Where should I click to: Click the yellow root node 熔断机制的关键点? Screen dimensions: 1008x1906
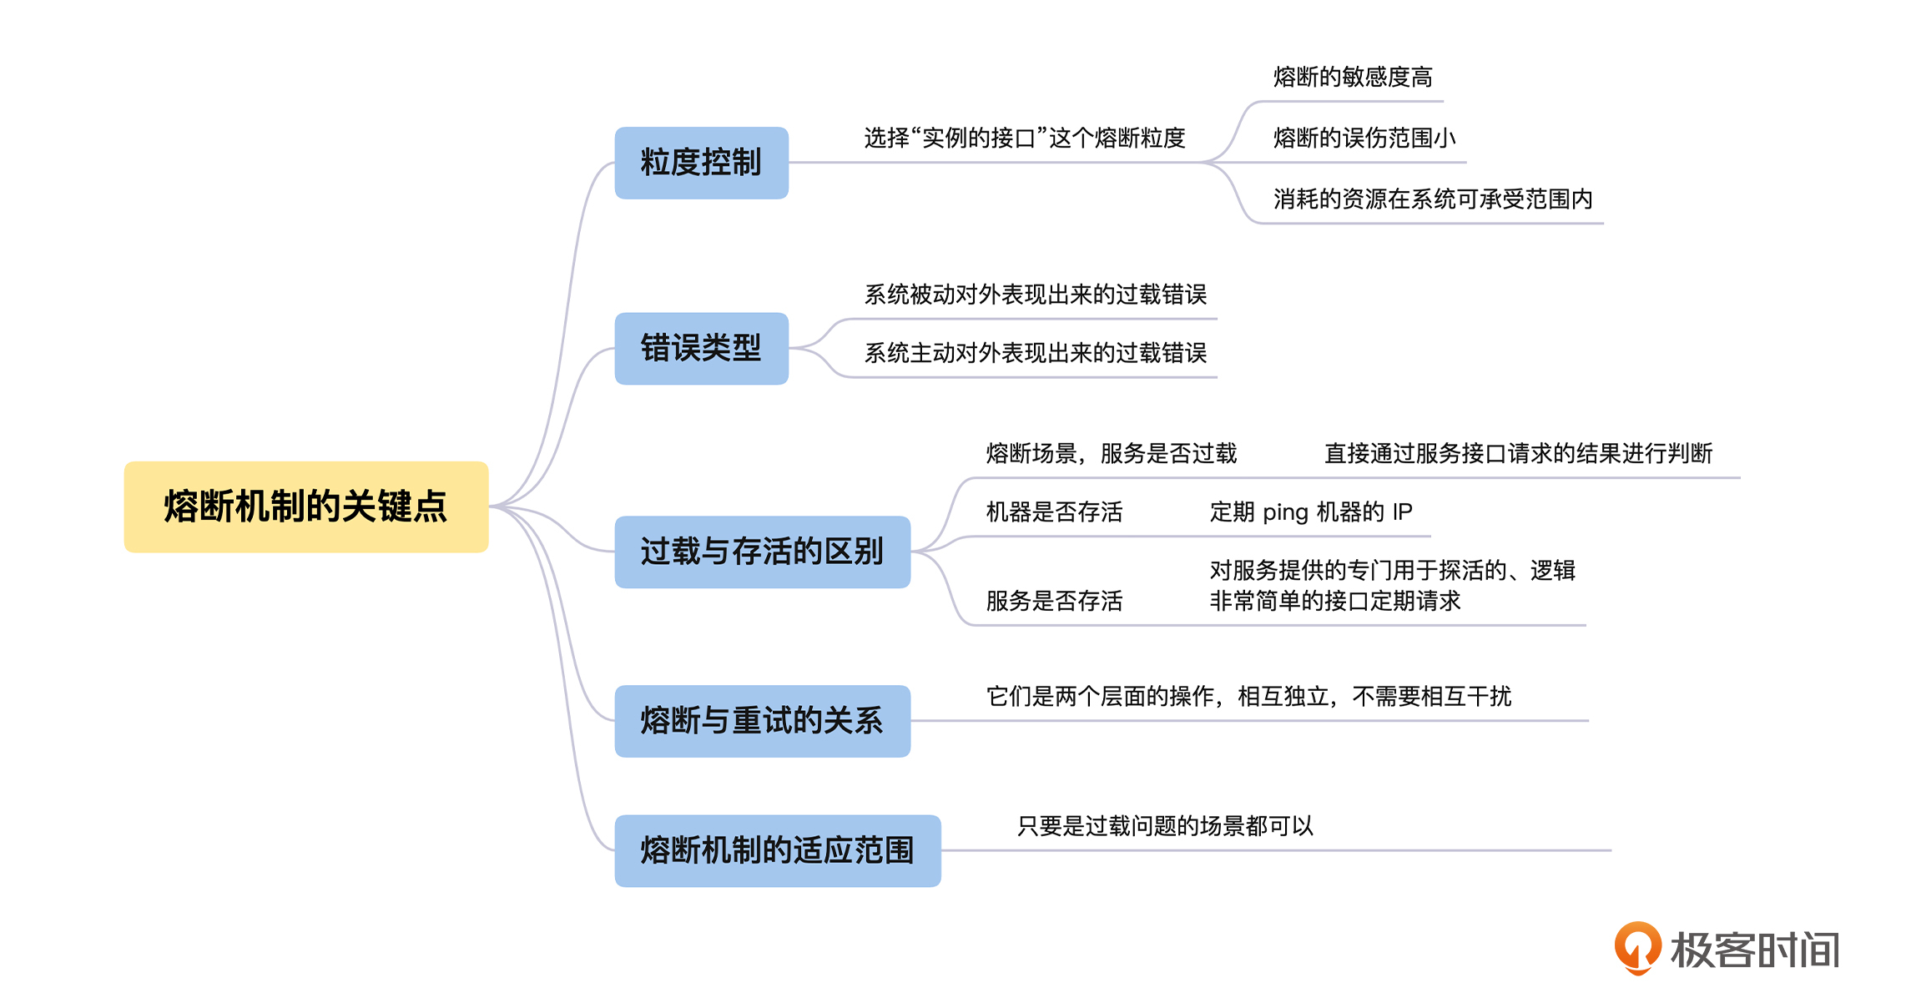click(305, 507)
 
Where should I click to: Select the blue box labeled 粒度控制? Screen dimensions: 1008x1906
click(701, 163)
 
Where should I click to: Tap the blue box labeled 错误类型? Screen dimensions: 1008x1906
click(701, 348)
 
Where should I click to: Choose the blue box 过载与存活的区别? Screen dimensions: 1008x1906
click(762, 552)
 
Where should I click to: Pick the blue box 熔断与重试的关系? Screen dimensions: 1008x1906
click(762, 721)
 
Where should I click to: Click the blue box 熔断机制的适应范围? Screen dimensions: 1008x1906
click(777, 850)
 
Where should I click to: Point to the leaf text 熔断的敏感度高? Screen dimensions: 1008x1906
click(1353, 78)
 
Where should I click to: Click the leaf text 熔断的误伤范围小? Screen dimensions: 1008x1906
click(1364, 138)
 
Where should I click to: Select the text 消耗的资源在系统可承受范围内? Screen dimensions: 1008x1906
click(1433, 199)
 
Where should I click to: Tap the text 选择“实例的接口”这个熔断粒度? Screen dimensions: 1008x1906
click(1024, 138)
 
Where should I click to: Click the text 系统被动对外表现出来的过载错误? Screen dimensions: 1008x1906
click(1035, 295)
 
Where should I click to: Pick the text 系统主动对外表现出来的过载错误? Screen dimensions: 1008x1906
click(1035, 353)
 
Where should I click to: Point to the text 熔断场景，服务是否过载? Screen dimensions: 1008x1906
click(1111, 453)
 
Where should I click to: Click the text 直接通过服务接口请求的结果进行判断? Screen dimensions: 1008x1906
click(1518, 453)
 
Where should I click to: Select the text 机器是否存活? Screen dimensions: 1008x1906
click(1054, 512)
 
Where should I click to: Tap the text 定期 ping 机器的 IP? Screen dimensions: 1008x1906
click(1310, 512)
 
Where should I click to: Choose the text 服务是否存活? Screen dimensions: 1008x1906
click(1054, 601)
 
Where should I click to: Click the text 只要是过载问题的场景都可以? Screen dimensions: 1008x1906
click(1165, 826)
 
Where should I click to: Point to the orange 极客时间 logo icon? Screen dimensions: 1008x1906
click(1637, 948)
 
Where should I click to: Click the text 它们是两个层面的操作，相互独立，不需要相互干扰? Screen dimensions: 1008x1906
click(1248, 696)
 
